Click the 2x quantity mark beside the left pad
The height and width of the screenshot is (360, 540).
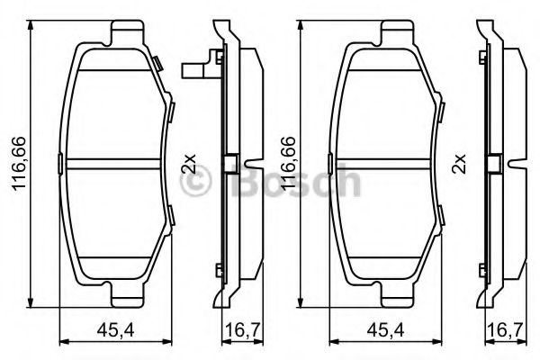(188, 164)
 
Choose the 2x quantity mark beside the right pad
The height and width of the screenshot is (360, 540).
(460, 164)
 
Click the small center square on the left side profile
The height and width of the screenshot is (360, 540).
(229, 164)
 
